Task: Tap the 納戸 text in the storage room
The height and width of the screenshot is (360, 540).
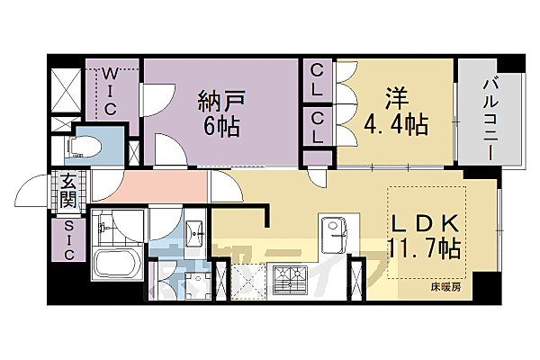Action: click(x=220, y=102)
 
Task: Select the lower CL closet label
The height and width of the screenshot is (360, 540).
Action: click(x=319, y=125)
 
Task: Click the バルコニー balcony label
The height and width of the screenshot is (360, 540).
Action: click(x=491, y=114)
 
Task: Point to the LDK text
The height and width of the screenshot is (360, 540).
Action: click(x=427, y=221)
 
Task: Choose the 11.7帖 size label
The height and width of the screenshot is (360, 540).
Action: click(x=425, y=247)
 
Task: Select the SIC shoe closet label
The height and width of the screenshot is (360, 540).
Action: click(x=69, y=240)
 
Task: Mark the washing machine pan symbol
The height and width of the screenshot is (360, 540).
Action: click(x=190, y=281)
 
